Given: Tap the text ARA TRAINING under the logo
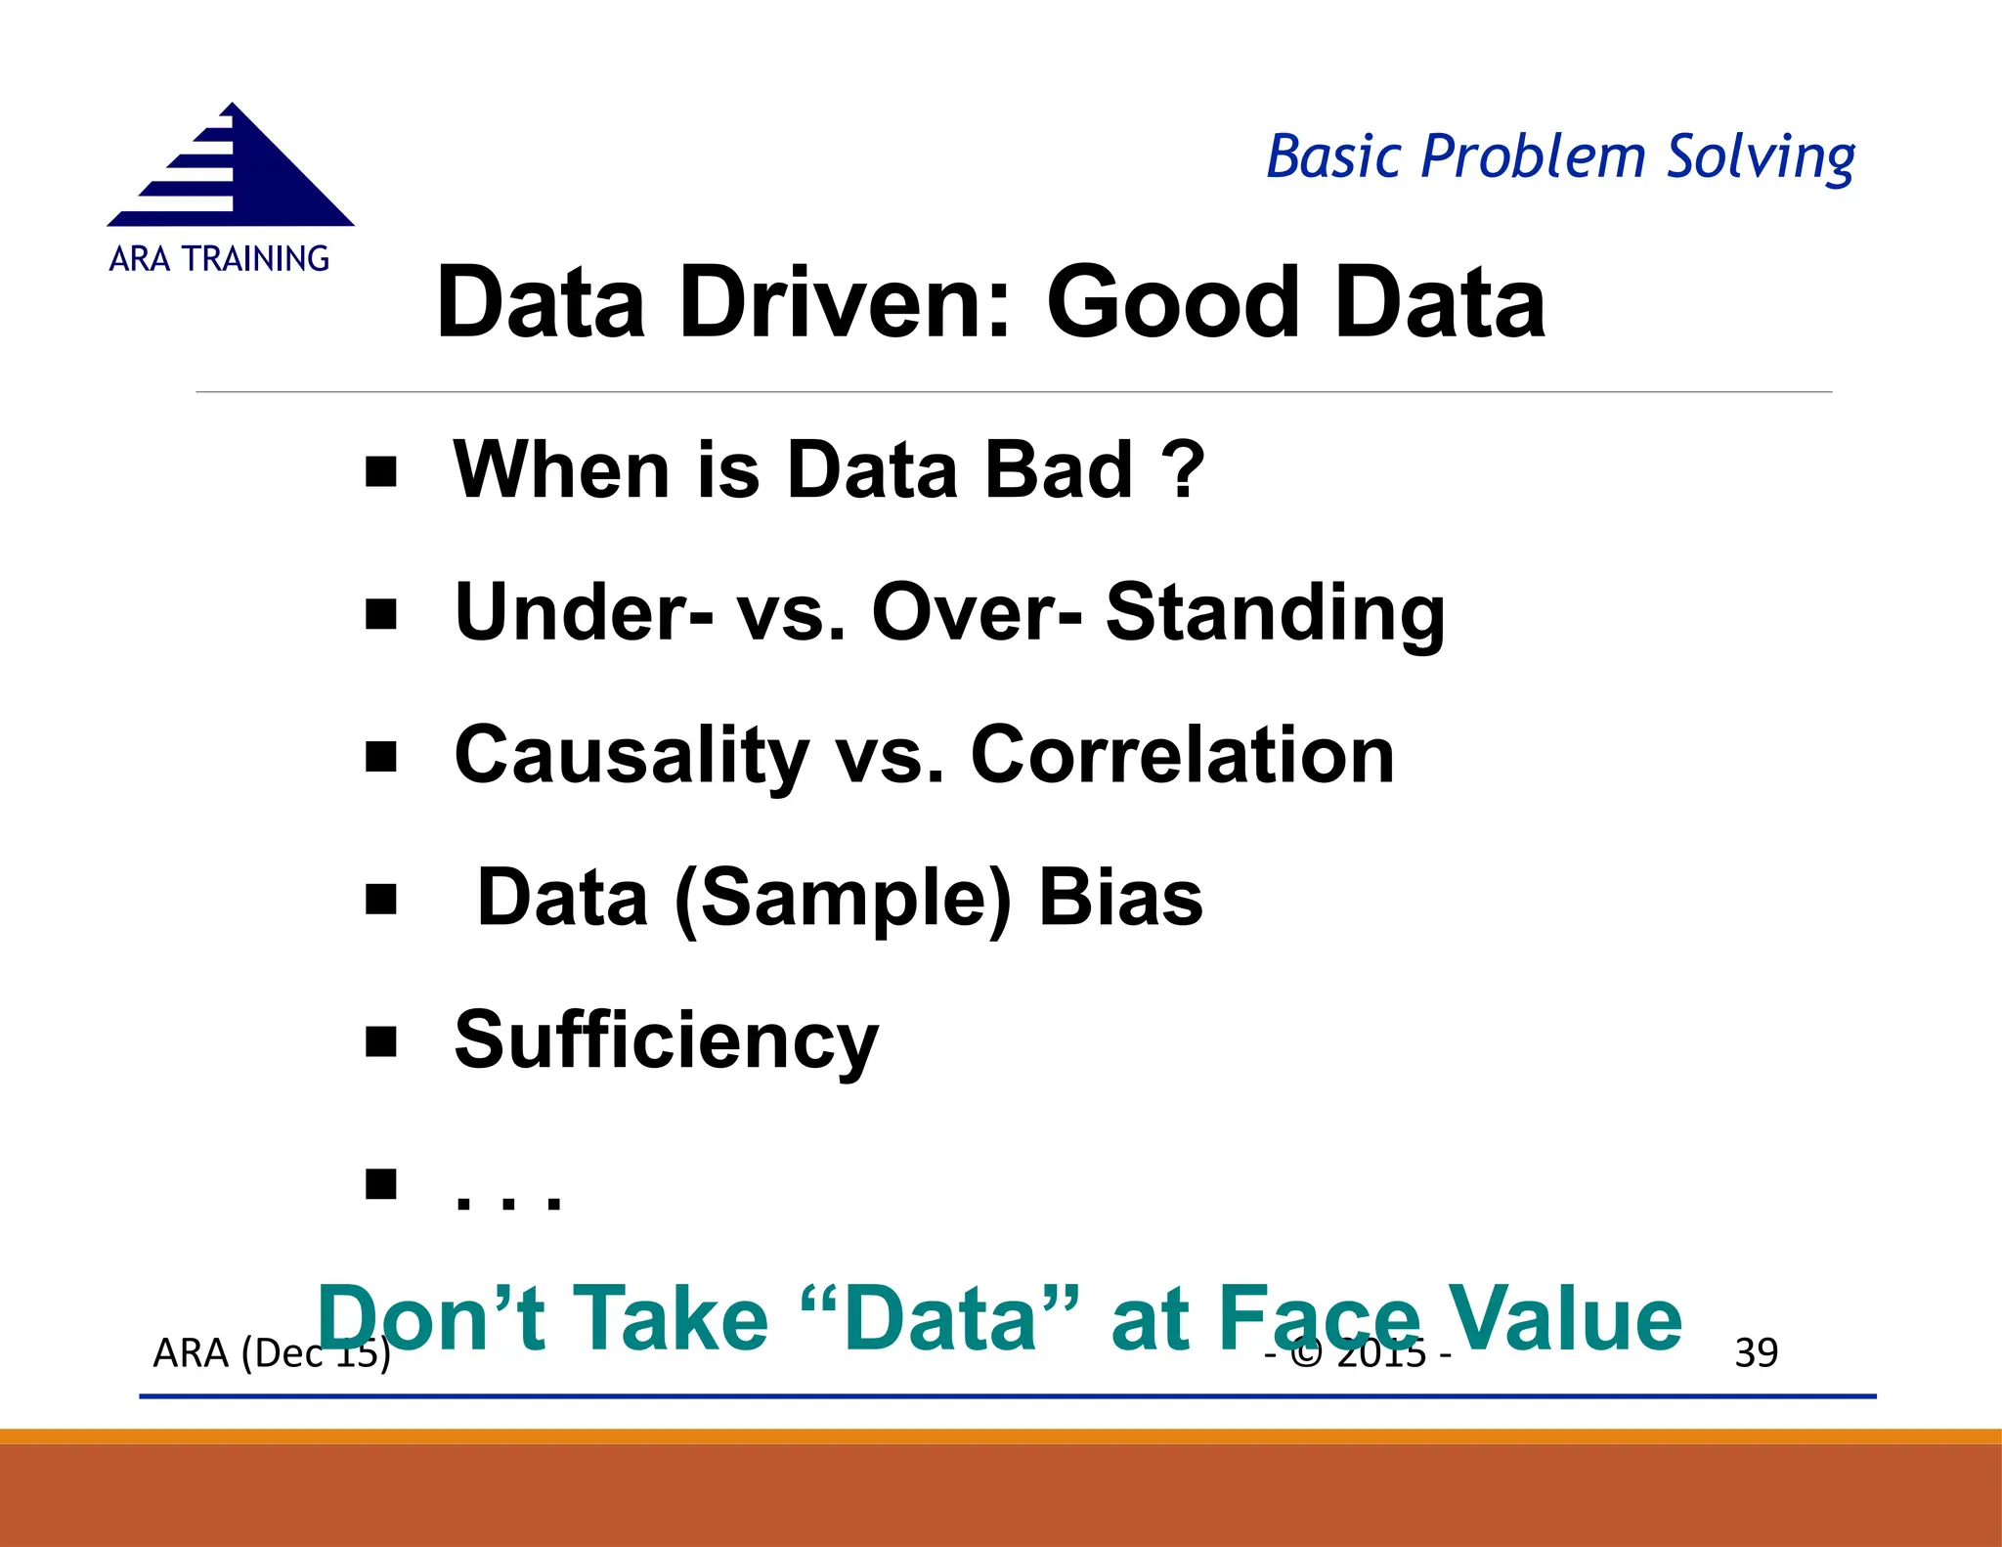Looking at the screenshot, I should click(x=219, y=259).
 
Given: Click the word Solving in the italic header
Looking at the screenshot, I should click(x=1760, y=157).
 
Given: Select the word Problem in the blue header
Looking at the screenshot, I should click(x=1533, y=156).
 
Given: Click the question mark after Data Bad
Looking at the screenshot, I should click(x=1184, y=469).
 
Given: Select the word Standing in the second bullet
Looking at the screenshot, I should click(x=1275, y=613).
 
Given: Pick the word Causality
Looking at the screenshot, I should click(x=631, y=756).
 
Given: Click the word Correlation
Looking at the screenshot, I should click(x=1182, y=756).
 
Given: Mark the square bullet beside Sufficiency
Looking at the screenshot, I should click(x=380, y=1042).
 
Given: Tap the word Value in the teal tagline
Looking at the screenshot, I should click(x=1564, y=1319).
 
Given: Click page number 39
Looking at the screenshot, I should click(x=1756, y=1353).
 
